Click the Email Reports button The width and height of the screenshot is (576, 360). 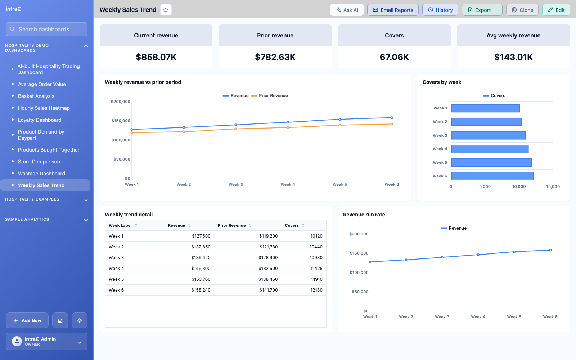393,10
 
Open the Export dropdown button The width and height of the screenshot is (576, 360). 482,10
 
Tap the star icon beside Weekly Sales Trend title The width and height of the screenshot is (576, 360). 166,10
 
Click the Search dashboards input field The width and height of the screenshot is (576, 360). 46,29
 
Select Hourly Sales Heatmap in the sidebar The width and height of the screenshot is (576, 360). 44,108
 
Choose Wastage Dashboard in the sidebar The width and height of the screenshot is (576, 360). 41,174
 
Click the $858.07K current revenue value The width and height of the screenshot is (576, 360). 156,57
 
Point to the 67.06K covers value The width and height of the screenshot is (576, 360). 394,57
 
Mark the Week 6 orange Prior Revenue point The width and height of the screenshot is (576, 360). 392,124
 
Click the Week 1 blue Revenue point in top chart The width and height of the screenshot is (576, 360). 132,130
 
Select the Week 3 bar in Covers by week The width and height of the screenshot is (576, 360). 488,135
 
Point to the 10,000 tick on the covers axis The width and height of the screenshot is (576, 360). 519,186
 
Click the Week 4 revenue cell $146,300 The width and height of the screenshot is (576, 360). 201,269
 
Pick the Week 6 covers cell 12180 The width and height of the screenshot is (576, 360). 316,290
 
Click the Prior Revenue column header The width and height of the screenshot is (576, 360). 232,225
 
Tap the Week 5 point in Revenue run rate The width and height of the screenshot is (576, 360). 514,252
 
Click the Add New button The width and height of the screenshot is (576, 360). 27,320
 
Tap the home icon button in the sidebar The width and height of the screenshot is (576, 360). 60,320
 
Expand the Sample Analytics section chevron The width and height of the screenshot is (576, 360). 86,220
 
